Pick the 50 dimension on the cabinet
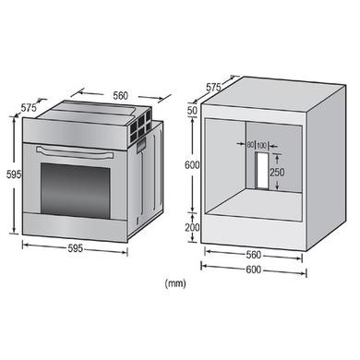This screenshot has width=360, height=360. [192, 111]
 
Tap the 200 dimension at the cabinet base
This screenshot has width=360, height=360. [191, 227]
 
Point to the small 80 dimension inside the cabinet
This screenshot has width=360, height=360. [252, 145]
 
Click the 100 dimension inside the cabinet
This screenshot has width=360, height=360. [263, 145]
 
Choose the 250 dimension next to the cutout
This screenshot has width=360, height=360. [277, 172]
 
